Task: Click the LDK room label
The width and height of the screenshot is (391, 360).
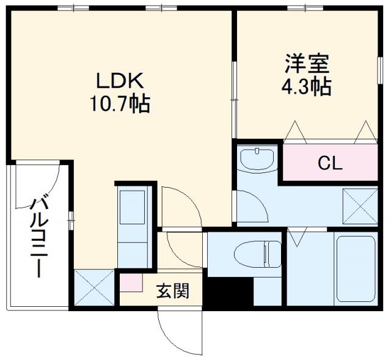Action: (x=120, y=81)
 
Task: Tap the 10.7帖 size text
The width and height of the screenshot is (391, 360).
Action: (x=120, y=103)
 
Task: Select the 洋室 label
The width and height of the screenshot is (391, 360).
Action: (x=307, y=64)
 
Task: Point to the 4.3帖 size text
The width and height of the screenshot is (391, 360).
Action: (x=307, y=87)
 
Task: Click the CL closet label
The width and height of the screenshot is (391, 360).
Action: (x=330, y=163)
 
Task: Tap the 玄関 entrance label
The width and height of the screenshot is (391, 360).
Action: (x=173, y=291)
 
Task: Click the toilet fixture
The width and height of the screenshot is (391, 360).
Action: (x=258, y=254)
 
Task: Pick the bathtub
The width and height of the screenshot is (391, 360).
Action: (x=356, y=268)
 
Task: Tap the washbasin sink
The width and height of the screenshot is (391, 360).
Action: (x=257, y=159)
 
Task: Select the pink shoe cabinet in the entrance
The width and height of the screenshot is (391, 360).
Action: (x=131, y=282)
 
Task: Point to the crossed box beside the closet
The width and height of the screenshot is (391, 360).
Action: (x=360, y=206)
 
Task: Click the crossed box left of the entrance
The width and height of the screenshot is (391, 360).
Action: (x=95, y=287)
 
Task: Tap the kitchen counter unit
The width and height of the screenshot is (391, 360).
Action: (x=133, y=227)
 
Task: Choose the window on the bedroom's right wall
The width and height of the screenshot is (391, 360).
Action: (x=380, y=71)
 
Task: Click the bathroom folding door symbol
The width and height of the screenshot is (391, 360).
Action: (x=298, y=237)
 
